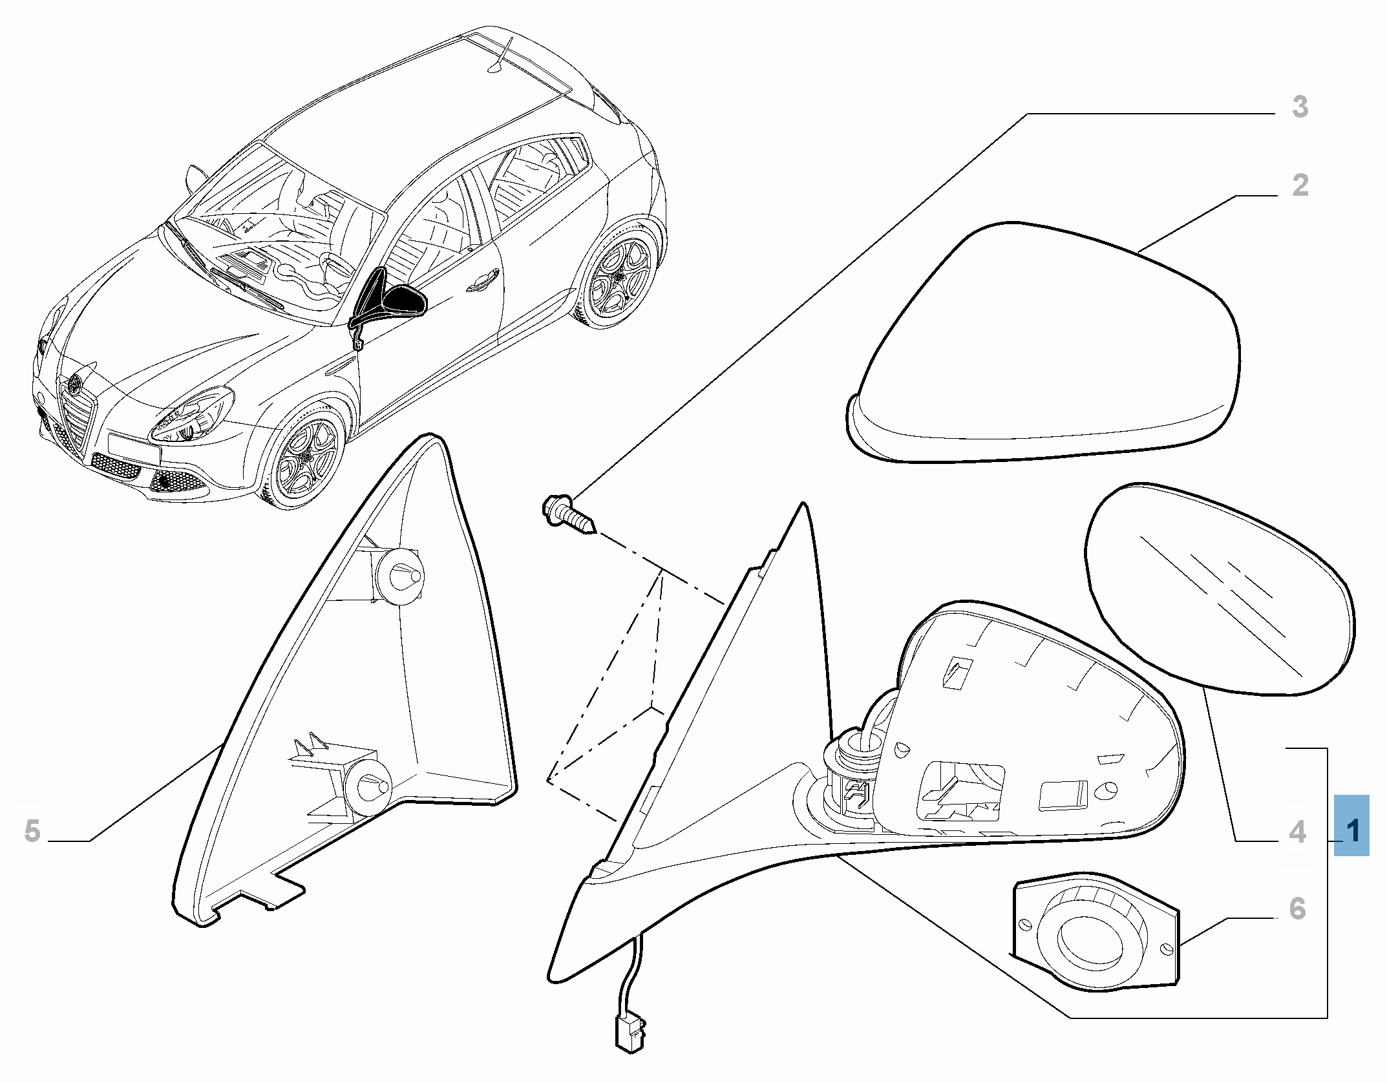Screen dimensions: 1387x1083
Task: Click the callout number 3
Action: (1300, 107)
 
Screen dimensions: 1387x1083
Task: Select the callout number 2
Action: (1300, 185)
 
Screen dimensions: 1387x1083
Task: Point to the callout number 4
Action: (1297, 832)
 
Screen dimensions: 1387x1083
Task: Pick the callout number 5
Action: (32, 831)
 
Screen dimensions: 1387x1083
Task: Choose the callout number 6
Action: (1297, 909)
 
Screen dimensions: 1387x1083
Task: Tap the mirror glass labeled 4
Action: (1219, 588)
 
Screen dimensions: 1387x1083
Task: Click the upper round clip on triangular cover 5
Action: (399, 575)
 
